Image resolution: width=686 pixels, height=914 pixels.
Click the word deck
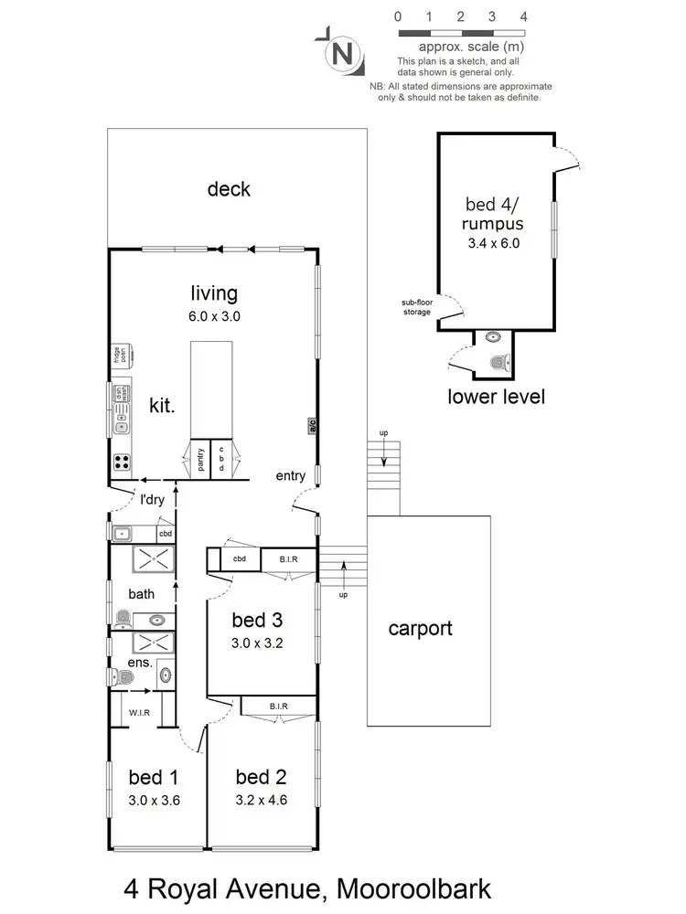pyautogui.click(x=229, y=189)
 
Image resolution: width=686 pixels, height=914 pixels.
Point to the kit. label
pyautogui.click(x=163, y=405)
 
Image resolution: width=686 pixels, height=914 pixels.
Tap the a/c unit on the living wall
pyautogui.click(x=312, y=425)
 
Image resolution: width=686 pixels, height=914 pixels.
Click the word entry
pyautogui.click(x=291, y=476)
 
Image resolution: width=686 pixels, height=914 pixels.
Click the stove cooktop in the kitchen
pyautogui.click(x=121, y=462)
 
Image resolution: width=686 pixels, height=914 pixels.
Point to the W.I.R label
pyautogui.click(x=139, y=711)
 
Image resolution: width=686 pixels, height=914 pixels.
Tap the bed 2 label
pyautogui.click(x=261, y=778)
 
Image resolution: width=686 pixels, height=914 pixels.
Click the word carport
pyautogui.click(x=420, y=629)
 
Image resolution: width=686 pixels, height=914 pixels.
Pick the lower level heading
pyautogui.click(x=497, y=396)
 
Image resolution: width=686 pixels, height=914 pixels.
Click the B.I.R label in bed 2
pyautogui.click(x=279, y=707)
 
